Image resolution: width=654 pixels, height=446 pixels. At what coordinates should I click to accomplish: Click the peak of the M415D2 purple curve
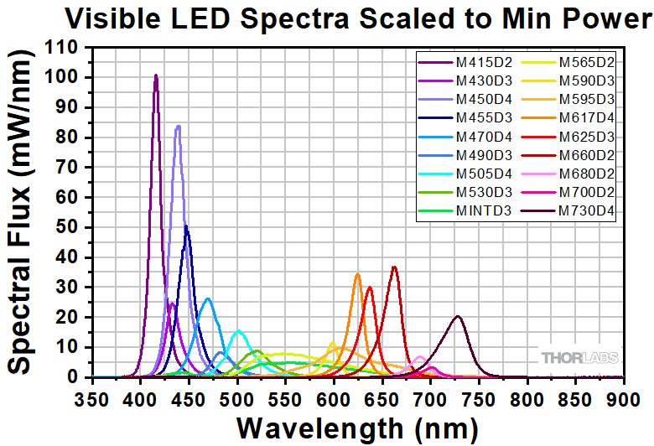[x=156, y=75]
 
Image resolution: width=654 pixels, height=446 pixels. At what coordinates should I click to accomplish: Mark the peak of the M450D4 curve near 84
[x=178, y=127]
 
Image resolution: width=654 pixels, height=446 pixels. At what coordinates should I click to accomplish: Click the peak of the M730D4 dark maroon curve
[x=457, y=316]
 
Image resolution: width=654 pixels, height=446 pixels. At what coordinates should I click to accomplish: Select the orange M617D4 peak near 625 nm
[x=357, y=273]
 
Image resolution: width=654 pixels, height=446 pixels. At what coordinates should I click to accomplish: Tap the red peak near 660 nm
[x=394, y=267]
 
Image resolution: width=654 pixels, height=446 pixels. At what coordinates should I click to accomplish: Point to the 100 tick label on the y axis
[x=66, y=78]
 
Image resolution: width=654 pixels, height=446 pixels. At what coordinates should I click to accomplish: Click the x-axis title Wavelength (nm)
[x=358, y=427]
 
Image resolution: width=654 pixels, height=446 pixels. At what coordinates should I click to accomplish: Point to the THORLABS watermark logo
[x=579, y=358]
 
